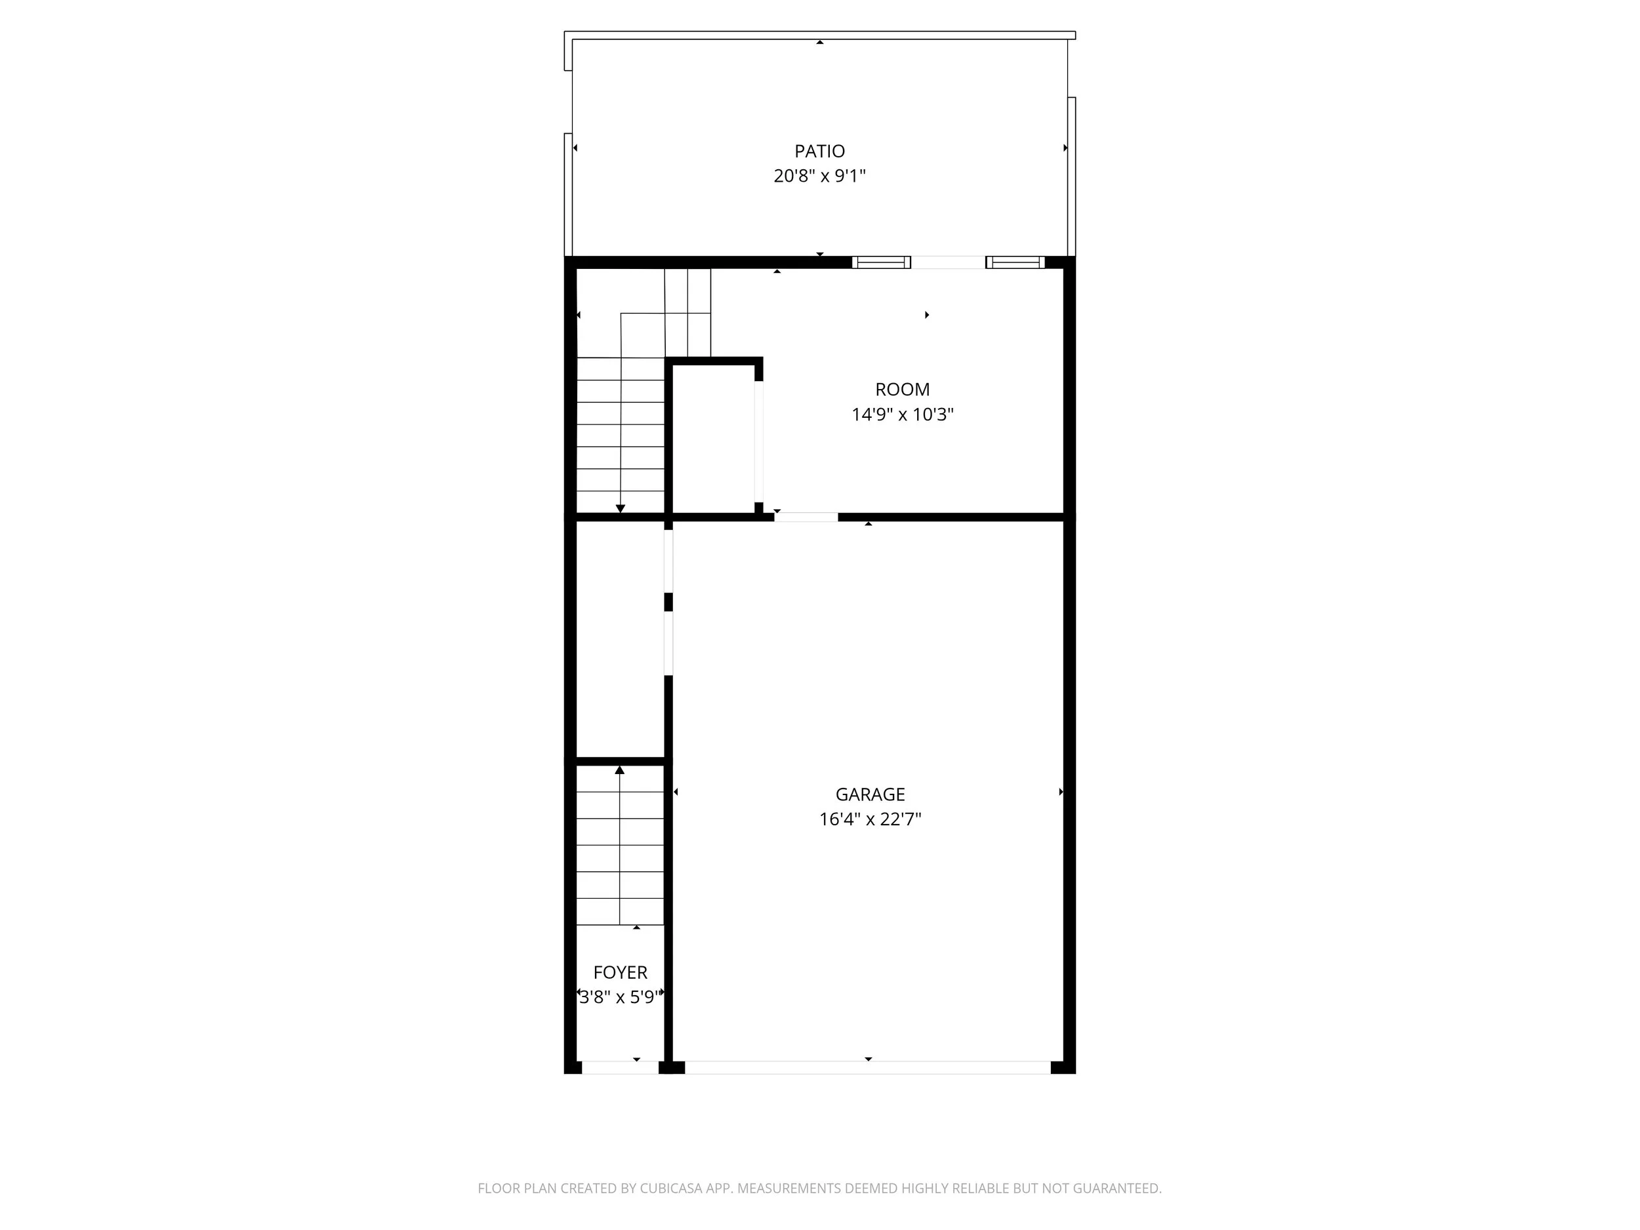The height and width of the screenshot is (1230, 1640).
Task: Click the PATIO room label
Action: click(819, 152)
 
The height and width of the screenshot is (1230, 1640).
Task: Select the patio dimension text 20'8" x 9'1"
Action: click(819, 176)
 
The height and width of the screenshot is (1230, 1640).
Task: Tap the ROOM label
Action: click(902, 389)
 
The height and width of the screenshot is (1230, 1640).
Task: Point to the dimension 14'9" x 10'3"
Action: click(902, 415)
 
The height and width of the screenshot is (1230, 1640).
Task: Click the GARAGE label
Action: click(871, 795)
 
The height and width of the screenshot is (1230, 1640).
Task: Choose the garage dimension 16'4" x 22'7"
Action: click(871, 819)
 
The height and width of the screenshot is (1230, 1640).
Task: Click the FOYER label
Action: click(621, 973)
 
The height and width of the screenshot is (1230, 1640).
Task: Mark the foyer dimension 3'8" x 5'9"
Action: click(619, 997)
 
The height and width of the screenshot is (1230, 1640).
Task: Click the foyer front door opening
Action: click(621, 1067)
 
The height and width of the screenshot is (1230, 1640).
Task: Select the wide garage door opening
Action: click(867, 1067)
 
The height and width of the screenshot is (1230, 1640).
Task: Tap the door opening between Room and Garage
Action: click(807, 517)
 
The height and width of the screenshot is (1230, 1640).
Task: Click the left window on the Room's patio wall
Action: click(881, 262)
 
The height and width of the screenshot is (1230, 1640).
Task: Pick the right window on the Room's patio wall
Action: click(1015, 262)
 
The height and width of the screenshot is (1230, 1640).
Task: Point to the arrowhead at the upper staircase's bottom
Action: click(621, 508)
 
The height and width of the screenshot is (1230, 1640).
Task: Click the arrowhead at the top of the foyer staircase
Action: click(620, 770)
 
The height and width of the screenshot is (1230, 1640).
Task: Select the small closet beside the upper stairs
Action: click(713, 438)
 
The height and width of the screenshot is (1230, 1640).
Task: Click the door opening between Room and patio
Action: click(949, 262)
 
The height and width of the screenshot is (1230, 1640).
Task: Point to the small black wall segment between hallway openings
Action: click(668, 602)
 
